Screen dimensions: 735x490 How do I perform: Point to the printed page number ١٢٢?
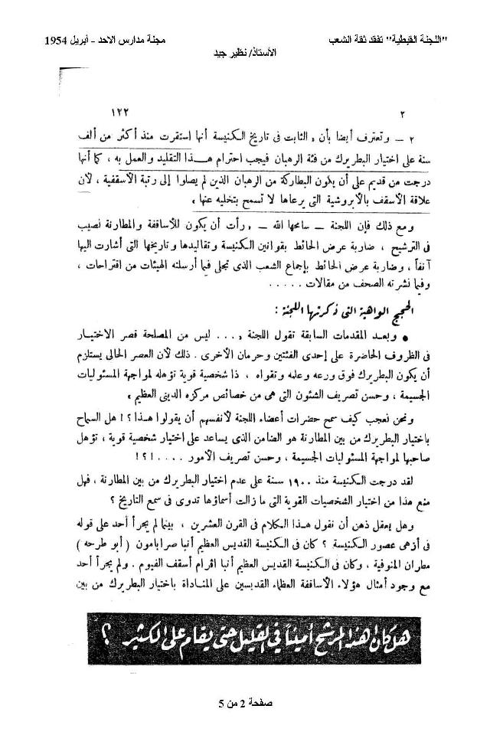pyautogui.click(x=122, y=111)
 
